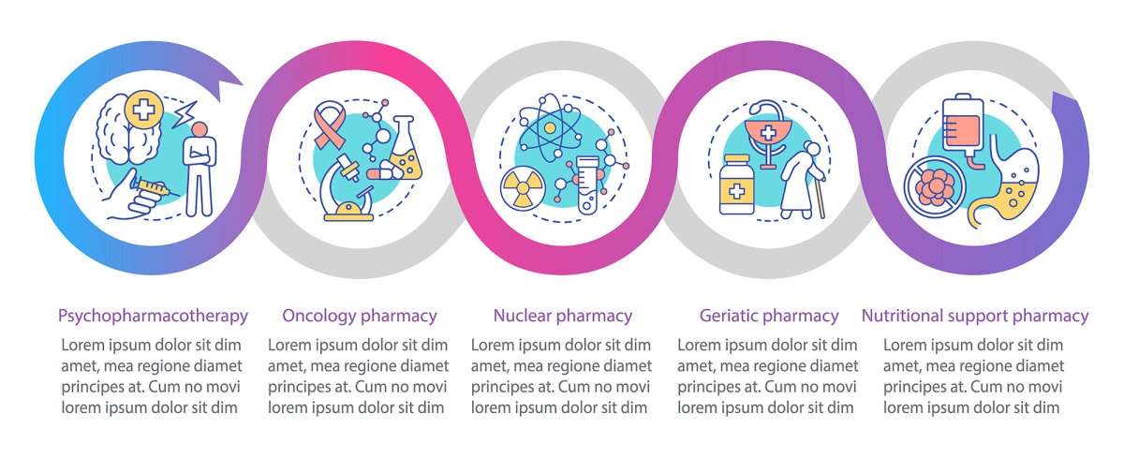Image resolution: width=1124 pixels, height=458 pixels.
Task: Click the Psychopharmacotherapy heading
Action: point(153,316)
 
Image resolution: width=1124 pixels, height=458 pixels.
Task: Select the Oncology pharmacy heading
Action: point(360,316)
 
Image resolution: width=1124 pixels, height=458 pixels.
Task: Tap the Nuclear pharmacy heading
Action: point(563,316)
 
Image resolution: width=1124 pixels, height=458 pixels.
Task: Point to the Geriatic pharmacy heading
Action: point(769,316)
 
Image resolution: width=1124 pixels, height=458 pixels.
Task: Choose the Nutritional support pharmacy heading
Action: point(975,316)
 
